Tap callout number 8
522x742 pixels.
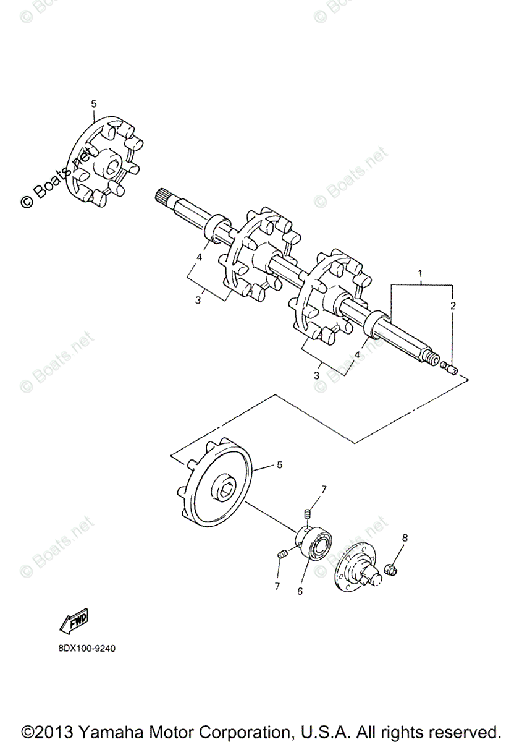(x=405, y=538)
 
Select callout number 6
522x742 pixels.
(x=300, y=591)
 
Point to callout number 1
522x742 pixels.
(x=421, y=273)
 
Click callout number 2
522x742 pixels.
(x=453, y=305)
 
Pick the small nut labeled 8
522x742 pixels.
(x=390, y=568)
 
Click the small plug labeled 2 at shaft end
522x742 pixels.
(x=450, y=370)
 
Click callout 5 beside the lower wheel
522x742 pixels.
(x=279, y=464)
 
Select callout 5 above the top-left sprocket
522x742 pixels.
(x=94, y=104)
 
